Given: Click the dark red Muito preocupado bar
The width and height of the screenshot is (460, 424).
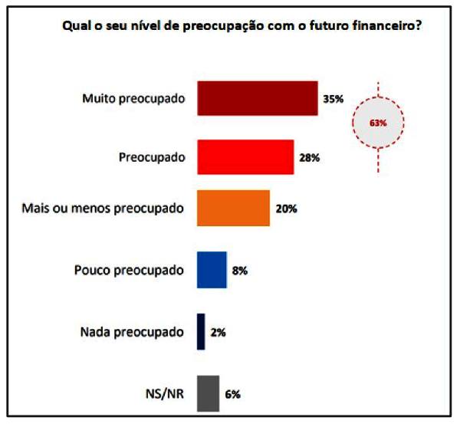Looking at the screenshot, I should [258, 98].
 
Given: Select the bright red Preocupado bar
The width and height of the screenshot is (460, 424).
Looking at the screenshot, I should [245, 157].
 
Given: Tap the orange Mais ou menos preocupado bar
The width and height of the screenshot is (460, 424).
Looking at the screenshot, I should [233, 208].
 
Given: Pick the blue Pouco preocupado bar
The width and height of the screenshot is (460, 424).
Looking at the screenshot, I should [212, 270].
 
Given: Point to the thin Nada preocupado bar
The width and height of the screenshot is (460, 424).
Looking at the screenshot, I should [201, 332].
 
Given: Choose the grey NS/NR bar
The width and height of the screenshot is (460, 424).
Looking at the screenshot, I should [208, 393].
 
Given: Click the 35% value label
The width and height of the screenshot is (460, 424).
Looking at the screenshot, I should [333, 99].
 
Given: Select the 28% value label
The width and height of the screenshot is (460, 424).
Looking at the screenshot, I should [309, 158].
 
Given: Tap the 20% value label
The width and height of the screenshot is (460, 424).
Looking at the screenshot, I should [285, 209].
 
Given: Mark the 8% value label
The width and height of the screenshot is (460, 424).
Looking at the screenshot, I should [239, 271].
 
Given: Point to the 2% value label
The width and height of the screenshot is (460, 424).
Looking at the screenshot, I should [217, 333].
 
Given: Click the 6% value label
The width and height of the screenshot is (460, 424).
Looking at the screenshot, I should [233, 394].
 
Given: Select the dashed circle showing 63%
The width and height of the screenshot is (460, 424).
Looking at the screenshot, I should [377, 123].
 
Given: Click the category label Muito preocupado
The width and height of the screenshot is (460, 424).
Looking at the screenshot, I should [133, 99].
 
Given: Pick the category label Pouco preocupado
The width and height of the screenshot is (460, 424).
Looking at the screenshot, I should [130, 270].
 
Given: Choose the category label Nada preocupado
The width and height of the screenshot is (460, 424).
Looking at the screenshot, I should [132, 332].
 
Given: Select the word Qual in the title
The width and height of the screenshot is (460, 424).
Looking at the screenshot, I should [74, 25].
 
